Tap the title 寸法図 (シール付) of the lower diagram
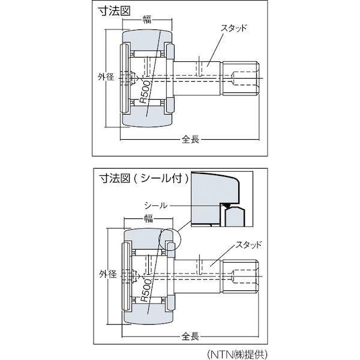[x=143, y=178]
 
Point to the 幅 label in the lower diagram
[x=146, y=220]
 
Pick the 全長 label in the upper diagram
[x=190, y=139]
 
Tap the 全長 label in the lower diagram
[x=190, y=338]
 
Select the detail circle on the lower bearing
[x=168, y=240]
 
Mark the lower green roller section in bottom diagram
[x=147, y=314]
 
